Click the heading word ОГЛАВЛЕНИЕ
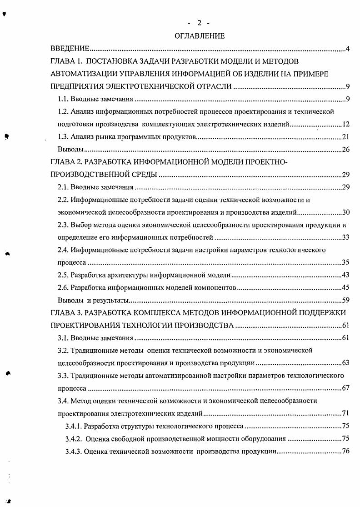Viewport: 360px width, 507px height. click(x=200, y=36)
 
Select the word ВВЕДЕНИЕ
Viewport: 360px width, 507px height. click(x=69, y=49)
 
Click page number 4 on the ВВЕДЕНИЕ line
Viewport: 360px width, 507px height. click(x=347, y=49)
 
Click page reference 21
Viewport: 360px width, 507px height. click(x=345, y=137)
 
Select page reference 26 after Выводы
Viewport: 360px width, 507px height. click(x=345, y=149)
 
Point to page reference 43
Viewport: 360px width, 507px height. click(x=345, y=275)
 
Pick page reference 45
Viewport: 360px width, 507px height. click(x=345, y=287)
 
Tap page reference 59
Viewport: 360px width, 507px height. click(x=345, y=300)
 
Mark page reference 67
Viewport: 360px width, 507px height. click(x=345, y=388)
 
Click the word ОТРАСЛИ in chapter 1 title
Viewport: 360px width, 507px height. click(x=213, y=86)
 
